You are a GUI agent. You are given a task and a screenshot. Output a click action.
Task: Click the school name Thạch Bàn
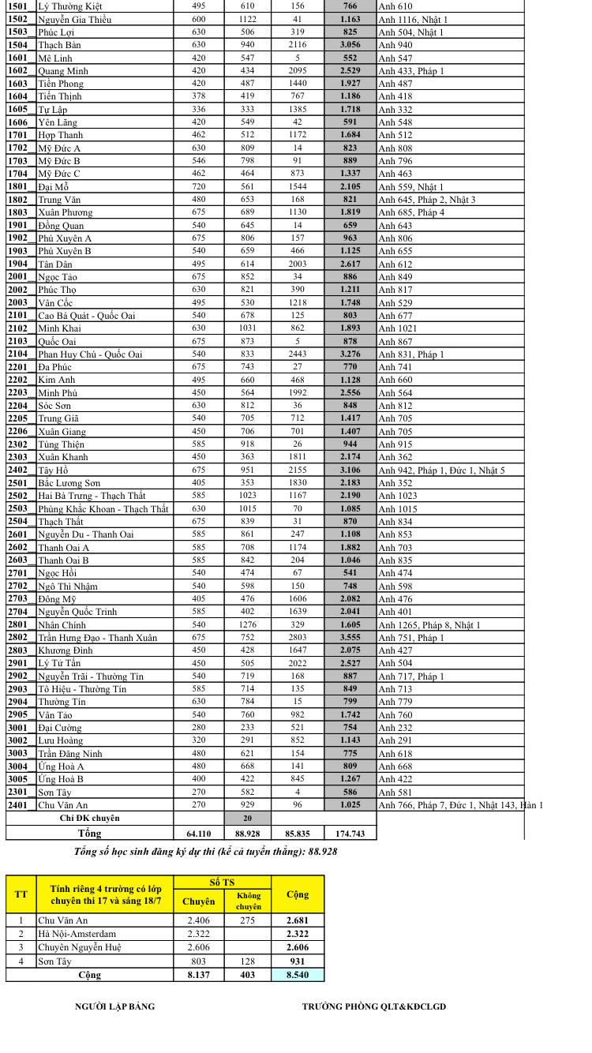[59, 45]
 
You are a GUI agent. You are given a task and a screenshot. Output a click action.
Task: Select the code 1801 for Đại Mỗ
[17, 187]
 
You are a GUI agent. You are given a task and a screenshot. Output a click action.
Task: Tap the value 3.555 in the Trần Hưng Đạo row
[350, 638]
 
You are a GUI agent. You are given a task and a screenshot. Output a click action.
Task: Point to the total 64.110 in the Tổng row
[198, 834]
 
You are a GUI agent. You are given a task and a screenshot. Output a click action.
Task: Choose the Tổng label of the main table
[89, 834]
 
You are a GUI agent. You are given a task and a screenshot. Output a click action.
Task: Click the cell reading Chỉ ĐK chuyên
[89, 819]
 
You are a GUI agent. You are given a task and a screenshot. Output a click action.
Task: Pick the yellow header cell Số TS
[222, 882]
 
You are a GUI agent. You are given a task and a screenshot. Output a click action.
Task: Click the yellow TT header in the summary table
[21, 894]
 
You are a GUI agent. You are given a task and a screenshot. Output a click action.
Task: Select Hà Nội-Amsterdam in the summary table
[77, 934]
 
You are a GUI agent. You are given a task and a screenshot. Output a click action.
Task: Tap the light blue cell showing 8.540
[297, 975]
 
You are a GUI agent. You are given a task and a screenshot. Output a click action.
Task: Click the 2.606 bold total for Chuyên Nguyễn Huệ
[297, 947]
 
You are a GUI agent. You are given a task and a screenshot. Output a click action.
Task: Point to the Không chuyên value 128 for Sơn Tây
[248, 961]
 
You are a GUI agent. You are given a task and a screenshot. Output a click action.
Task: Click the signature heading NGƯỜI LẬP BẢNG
[114, 1006]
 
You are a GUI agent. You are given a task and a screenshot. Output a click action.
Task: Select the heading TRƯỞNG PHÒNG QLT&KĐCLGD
[374, 1006]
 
